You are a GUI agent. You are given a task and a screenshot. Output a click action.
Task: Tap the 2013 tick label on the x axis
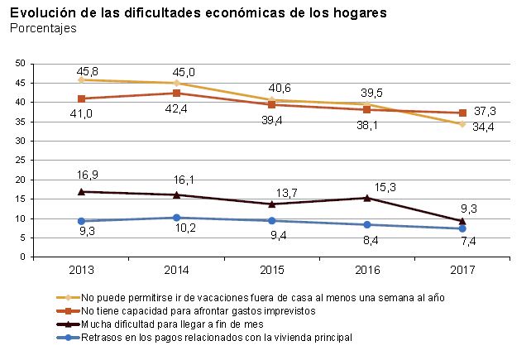[81, 271]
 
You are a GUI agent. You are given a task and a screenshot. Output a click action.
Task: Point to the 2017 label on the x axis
[463, 271]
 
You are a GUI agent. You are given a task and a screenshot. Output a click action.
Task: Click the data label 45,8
[87, 70]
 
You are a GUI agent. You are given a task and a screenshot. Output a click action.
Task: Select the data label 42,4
[177, 108]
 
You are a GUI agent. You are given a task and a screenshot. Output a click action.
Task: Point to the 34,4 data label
[482, 127]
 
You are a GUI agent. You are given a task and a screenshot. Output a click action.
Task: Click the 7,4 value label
[468, 241]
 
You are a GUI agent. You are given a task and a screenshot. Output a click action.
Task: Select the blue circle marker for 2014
[177, 218]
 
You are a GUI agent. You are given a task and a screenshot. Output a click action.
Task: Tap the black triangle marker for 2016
[367, 198]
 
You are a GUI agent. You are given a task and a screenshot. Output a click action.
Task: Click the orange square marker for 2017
[463, 113]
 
